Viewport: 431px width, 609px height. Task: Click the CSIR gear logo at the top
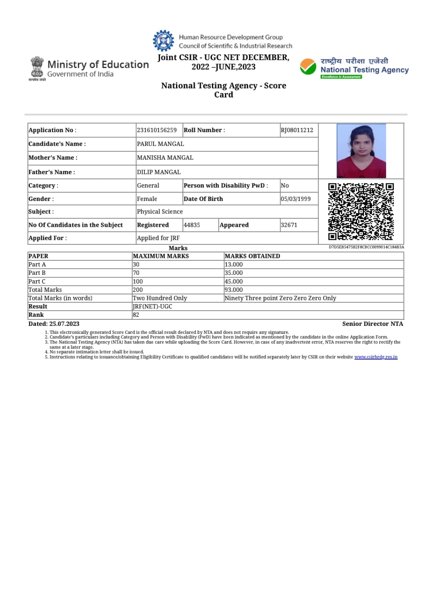(x=163, y=41)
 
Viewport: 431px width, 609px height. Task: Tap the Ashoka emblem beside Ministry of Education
(x=37, y=67)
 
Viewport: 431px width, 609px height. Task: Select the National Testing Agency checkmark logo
(x=308, y=67)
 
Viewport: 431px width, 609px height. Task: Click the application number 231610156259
(x=157, y=130)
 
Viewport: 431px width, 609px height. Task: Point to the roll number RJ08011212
(x=297, y=130)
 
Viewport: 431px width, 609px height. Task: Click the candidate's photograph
(x=361, y=151)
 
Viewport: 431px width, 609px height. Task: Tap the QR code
(x=361, y=212)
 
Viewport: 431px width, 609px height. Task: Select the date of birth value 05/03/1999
(x=296, y=199)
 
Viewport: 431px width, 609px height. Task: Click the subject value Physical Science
(x=160, y=212)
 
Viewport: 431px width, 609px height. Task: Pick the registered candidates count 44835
(x=192, y=225)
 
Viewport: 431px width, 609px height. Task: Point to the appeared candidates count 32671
(x=289, y=225)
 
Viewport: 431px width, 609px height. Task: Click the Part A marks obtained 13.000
(x=234, y=265)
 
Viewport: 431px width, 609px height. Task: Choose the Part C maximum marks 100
(x=138, y=282)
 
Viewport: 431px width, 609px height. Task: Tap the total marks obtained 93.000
(x=234, y=290)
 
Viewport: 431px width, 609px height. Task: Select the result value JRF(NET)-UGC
(x=152, y=306)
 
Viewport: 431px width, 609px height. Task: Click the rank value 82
(x=136, y=315)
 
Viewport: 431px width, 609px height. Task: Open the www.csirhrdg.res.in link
(x=376, y=357)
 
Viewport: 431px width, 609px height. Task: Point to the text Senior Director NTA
(x=372, y=324)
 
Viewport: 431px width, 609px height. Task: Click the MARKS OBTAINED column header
(x=252, y=256)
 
